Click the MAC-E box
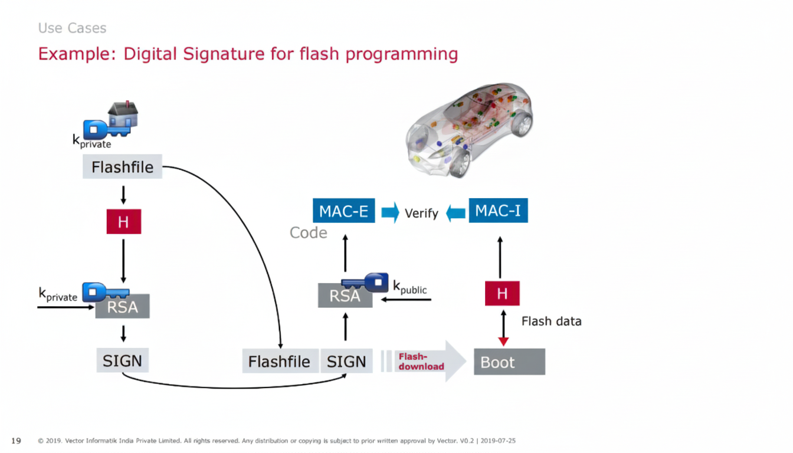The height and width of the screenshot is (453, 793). tap(343, 211)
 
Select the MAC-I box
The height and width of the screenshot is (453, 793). tap(498, 211)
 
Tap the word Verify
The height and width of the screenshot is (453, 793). tap(421, 214)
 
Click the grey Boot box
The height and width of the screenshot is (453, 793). tap(509, 362)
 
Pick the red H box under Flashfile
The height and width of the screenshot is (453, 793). tap(123, 222)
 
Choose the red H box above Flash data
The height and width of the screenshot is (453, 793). tap(502, 293)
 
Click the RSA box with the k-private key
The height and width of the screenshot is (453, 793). tap(123, 306)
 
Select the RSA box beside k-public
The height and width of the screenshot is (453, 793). tap(345, 295)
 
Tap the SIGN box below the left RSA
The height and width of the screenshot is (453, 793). tap(123, 360)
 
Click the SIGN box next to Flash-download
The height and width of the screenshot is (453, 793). tap(346, 361)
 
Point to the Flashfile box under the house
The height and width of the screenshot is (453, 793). tap(122, 167)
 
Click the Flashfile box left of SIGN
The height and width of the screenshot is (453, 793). tap(280, 361)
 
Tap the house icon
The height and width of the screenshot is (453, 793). tap(123, 114)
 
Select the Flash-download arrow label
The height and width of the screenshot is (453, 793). tap(421, 362)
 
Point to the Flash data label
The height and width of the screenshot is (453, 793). tap(551, 321)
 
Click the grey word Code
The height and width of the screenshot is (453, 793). tap(308, 233)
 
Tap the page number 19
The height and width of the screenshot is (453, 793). tap(16, 441)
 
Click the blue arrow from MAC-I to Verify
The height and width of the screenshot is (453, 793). tap(456, 212)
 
